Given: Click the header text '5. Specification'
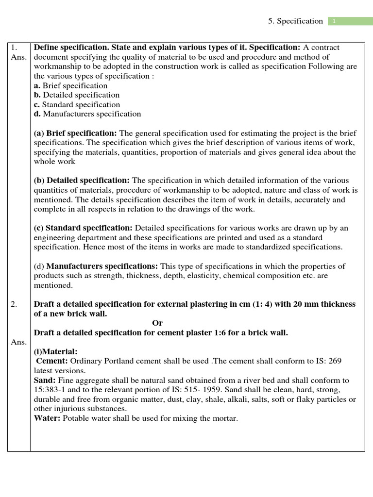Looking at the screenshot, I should (x=295, y=21).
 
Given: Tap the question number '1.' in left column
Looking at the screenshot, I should (x=14, y=48).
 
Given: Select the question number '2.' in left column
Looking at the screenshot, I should (x=14, y=304).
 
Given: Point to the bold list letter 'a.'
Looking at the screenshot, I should (x=37, y=85).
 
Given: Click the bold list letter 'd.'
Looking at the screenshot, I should (x=37, y=114).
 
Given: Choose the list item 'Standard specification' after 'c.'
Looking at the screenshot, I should (x=81, y=104).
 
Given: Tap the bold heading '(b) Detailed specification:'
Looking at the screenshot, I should (x=82, y=181).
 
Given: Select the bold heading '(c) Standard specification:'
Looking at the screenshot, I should (x=83, y=228).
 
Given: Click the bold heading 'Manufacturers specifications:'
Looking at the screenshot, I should (x=102, y=266).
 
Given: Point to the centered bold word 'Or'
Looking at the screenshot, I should (x=157, y=323).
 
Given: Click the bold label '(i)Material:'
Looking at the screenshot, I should (x=55, y=351).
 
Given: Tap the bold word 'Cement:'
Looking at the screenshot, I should (x=52, y=361).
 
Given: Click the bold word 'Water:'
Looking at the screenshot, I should (x=47, y=418).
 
